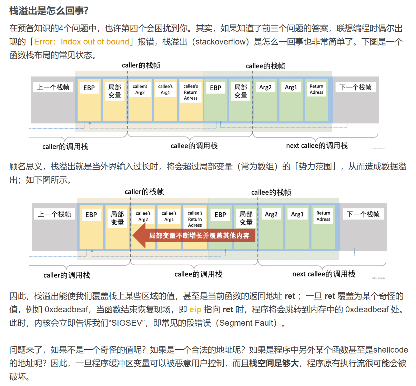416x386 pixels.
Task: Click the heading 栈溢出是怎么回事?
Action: tap(49, 11)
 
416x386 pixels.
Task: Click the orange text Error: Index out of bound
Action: tap(82, 42)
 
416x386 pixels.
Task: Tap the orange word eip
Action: tap(195, 309)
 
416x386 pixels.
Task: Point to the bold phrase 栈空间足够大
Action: tap(274, 363)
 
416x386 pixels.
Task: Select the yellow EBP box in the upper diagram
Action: tap(89, 88)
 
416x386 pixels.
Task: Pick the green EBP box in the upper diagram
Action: tap(215, 88)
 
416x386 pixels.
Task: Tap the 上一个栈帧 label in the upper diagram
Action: tap(53, 87)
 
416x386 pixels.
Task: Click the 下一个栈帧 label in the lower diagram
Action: tap(363, 214)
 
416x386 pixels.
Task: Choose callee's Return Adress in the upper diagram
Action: tap(191, 92)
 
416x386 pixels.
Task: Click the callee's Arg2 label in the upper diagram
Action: tap(140, 89)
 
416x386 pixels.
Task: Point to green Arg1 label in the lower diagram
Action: tap(297, 214)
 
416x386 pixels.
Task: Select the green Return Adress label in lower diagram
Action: tap(323, 216)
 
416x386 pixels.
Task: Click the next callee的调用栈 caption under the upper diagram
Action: tap(317, 145)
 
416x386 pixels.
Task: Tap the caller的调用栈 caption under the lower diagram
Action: tap(67, 275)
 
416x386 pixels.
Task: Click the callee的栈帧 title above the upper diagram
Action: tap(265, 66)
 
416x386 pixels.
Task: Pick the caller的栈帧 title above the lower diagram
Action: tap(144, 192)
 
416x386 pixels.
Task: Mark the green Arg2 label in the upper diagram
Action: tap(265, 88)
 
